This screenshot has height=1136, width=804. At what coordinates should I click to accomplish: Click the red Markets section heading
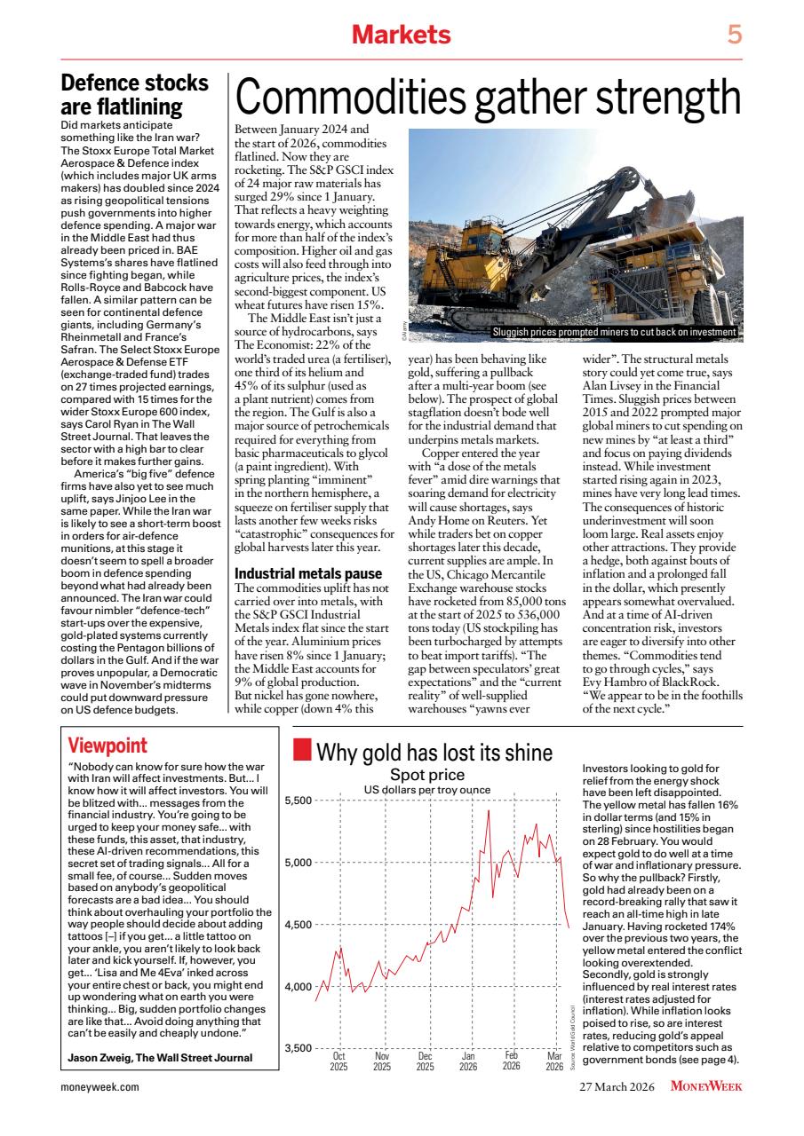pos(402,35)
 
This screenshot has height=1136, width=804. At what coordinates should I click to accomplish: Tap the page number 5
pos(734,35)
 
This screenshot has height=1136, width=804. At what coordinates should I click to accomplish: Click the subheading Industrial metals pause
pos(307,573)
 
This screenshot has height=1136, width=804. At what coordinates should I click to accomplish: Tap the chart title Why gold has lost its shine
pos(434,753)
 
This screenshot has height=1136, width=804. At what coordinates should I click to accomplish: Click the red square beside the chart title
pos(303,753)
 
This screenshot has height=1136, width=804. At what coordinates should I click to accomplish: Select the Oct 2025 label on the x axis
pos(338,1061)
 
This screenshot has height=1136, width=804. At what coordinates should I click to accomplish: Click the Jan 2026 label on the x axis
pos(468,1061)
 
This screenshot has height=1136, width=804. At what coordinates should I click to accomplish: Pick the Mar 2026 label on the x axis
pos(554,1061)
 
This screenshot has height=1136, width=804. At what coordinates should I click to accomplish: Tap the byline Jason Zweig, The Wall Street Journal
pos(160,1057)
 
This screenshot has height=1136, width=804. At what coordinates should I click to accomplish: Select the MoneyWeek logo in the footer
pos(706,1086)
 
